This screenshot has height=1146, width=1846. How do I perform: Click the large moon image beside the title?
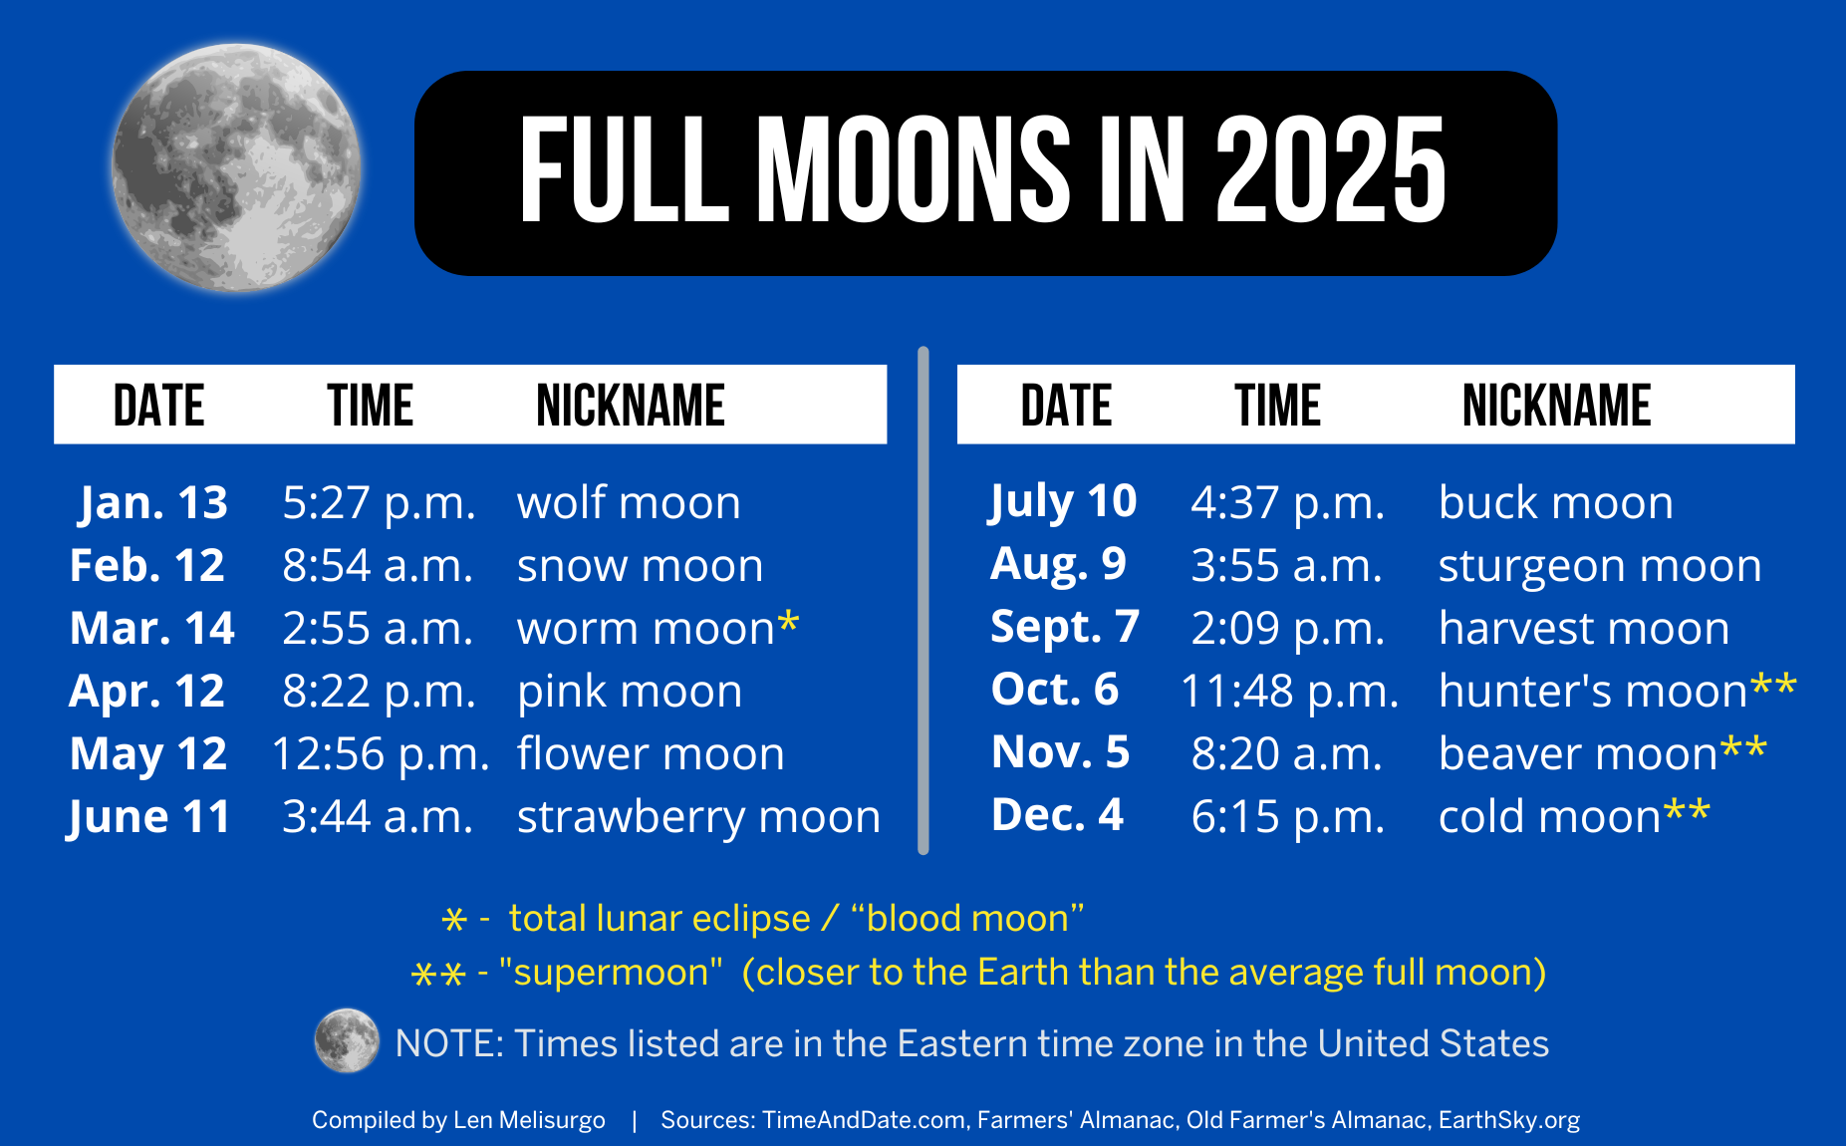click(236, 167)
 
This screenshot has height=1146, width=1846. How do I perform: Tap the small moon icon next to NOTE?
click(347, 1041)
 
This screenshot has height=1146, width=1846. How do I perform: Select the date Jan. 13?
click(153, 502)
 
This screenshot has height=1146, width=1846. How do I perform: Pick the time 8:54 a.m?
click(377, 566)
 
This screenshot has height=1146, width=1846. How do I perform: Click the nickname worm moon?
click(646, 629)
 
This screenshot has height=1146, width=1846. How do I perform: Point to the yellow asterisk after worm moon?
click(788, 623)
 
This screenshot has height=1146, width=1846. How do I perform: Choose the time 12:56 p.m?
click(381, 754)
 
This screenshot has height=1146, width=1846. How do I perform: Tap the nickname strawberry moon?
click(698, 817)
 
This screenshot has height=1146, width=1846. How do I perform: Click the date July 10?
click(1062, 501)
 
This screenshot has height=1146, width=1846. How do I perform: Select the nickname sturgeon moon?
click(1599, 566)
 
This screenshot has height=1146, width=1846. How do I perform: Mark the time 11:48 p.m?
click(1289, 692)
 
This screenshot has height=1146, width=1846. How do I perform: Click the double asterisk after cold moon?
click(1687, 811)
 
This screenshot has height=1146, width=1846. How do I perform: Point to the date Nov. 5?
click(1060, 752)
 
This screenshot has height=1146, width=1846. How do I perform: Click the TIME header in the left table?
click(370, 406)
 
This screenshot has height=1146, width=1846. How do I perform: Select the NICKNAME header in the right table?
click(1556, 406)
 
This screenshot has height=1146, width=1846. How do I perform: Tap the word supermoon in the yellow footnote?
click(611, 972)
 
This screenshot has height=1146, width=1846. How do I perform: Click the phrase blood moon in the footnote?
click(966, 918)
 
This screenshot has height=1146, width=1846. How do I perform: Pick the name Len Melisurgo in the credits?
click(529, 1120)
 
